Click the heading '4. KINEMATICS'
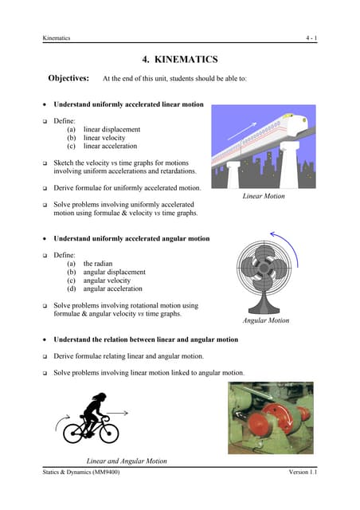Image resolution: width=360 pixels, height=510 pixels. [x=179, y=59]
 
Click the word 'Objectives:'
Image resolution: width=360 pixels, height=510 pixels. [x=68, y=79]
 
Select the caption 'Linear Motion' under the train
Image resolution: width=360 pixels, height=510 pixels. [x=264, y=196]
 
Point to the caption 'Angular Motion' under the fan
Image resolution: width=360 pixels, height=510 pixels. [x=265, y=320]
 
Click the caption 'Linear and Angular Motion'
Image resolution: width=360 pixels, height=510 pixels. [x=126, y=461]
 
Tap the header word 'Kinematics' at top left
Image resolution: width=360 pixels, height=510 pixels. [x=57, y=38]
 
